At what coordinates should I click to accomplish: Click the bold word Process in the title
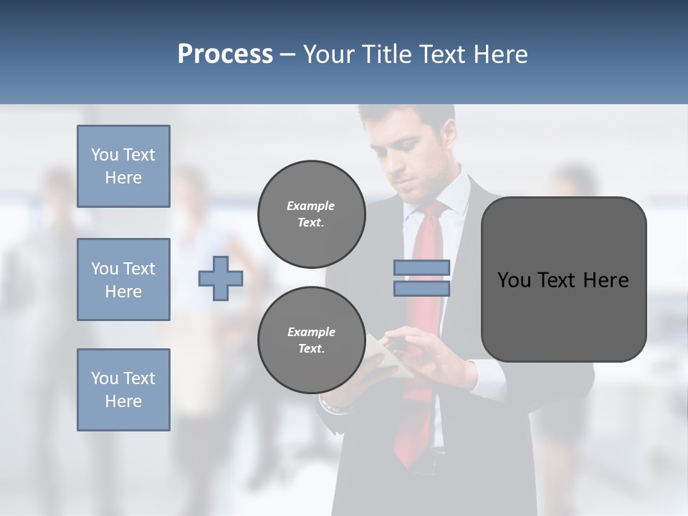click(225, 54)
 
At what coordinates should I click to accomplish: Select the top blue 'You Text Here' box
click(123, 166)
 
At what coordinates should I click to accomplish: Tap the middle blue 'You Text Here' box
click(123, 279)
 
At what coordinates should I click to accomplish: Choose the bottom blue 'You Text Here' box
click(123, 390)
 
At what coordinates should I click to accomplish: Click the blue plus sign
click(221, 279)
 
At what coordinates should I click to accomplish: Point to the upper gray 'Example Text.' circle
click(311, 214)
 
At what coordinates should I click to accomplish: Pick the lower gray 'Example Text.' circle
click(311, 340)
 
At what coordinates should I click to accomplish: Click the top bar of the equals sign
click(421, 267)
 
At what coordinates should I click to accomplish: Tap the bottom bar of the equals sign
click(421, 289)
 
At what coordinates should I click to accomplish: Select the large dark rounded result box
click(563, 279)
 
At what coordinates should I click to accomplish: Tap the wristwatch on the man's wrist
click(335, 408)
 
